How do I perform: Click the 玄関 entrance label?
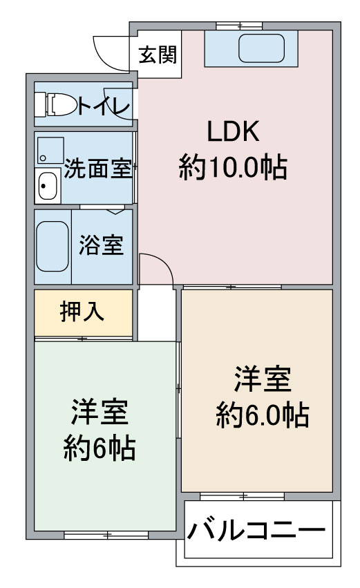(157, 55)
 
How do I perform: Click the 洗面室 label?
(97, 169)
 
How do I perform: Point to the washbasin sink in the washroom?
(47, 186)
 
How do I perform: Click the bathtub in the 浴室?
(53, 246)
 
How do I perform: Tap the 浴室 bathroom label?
(101, 245)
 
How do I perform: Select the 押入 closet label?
(82, 312)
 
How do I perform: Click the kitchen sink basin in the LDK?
(261, 48)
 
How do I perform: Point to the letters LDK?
(234, 131)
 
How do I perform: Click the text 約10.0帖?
(233, 167)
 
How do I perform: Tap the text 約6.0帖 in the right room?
(263, 415)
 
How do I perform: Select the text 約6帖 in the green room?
(100, 448)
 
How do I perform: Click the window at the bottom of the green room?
(106, 535)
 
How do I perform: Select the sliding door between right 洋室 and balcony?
(242, 497)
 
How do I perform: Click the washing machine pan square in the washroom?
(50, 151)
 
